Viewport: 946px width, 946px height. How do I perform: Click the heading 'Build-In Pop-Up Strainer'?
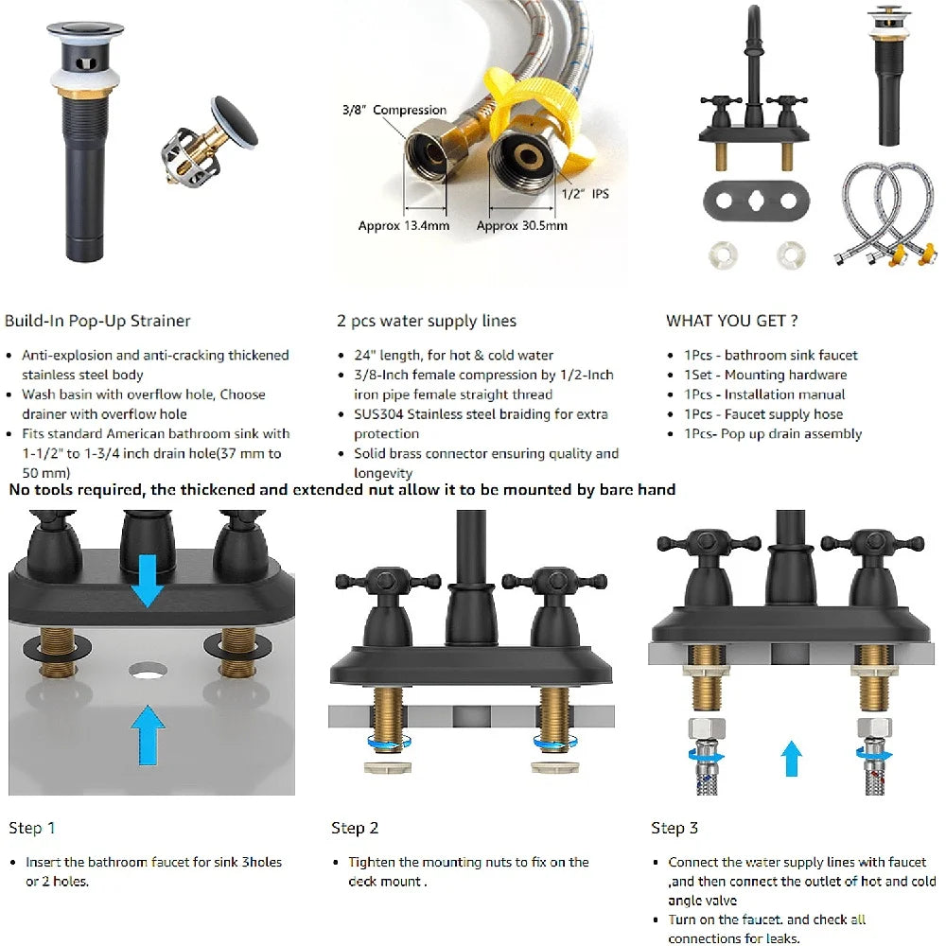97,321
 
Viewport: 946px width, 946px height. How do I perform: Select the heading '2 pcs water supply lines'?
427,321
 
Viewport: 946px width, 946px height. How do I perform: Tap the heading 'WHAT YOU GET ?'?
731,321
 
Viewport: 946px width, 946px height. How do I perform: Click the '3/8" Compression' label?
394,110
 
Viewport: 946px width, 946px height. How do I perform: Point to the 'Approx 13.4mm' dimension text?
403,225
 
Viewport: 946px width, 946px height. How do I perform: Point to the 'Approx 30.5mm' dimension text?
521,225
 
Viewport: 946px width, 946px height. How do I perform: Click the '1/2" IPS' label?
587,193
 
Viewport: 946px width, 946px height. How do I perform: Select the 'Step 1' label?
32,828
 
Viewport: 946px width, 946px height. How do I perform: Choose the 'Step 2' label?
355,828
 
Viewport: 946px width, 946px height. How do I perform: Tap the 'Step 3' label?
674,828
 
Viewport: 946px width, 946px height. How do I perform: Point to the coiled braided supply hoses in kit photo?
885,213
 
